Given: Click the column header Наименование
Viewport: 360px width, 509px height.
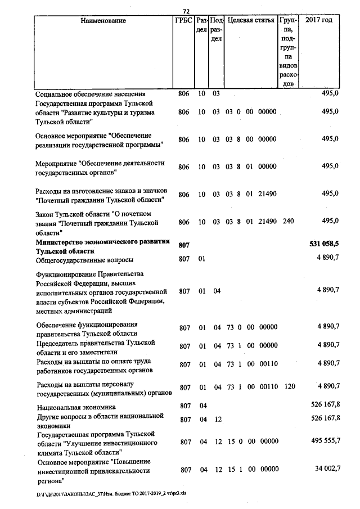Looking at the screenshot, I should pyautogui.click(x=103, y=20).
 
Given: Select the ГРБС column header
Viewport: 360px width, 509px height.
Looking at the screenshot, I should pyautogui.click(x=183, y=20).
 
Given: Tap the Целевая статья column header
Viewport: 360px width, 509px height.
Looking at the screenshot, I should pyautogui.click(x=250, y=20).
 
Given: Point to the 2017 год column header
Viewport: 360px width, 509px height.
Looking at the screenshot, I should pyautogui.click(x=318, y=20).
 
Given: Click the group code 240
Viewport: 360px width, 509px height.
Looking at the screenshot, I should pyautogui.click(x=288, y=222).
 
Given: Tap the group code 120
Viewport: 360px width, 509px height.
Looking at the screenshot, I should pyautogui.click(x=289, y=387).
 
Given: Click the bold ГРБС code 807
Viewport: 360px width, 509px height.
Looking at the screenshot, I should pyautogui.click(x=184, y=246).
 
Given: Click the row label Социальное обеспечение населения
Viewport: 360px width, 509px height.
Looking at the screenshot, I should pyautogui.click(x=90, y=94).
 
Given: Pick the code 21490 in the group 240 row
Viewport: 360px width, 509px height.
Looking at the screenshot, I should pyautogui.click(x=268, y=222).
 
